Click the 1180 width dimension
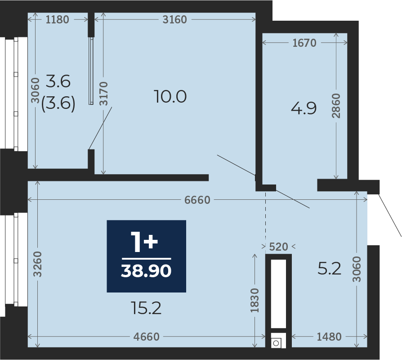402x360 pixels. point(57,19)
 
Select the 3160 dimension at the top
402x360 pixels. point(174,19)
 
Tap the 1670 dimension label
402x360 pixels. point(304,43)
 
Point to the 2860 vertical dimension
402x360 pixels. point(336,106)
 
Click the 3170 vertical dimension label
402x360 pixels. point(103,94)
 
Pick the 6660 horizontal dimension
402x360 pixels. point(197,200)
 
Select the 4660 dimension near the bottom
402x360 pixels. point(147,337)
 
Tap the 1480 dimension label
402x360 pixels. point(329,337)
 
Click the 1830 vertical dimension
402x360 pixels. point(255,300)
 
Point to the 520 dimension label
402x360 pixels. point(279,247)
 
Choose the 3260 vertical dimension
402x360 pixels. point(38,264)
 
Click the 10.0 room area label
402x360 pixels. point(170,97)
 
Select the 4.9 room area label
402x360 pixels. point(304,108)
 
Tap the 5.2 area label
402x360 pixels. point(330,269)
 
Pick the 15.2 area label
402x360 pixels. point(146,308)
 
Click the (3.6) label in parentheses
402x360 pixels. point(58,103)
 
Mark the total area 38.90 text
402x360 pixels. point(146,271)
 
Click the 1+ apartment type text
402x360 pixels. point(144,242)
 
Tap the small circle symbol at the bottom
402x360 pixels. point(276,343)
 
